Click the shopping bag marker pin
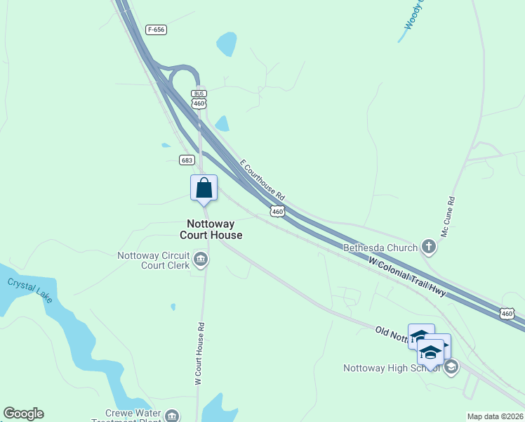[204, 188]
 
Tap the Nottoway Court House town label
[211, 229]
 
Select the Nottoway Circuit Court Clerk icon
[201, 260]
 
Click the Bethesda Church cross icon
[429, 247]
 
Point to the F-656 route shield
[157, 30]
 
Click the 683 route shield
[186, 160]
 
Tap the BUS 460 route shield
[199, 99]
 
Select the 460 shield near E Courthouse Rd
[277, 211]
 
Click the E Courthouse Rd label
[262, 179]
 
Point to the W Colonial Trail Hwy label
[407, 276]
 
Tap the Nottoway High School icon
[451, 366]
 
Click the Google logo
[23, 414]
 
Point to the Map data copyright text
[495, 416]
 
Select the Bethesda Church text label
[380, 248]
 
